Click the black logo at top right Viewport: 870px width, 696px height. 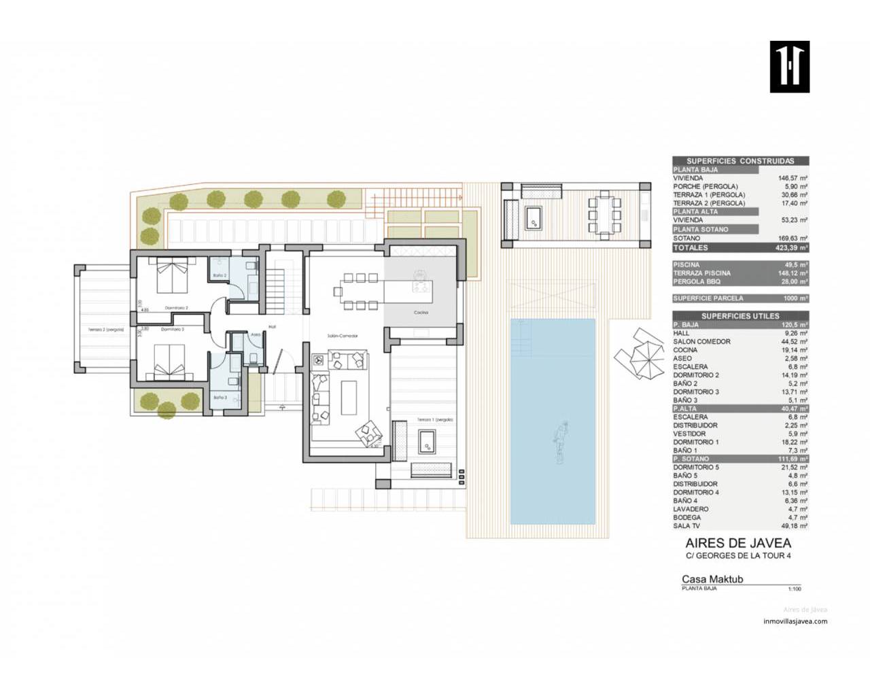point(789,67)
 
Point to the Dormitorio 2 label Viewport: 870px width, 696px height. point(175,308)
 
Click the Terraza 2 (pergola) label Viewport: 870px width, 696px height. point(105,329)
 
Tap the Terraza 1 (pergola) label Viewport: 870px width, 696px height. point(435,420)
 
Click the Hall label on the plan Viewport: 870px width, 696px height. point(271,326)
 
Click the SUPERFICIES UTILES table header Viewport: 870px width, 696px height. point(740,316)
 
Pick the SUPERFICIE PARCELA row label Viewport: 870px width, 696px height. point(708,298)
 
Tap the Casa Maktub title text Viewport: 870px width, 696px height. point(712,580)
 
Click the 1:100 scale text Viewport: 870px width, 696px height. point(794,589)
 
